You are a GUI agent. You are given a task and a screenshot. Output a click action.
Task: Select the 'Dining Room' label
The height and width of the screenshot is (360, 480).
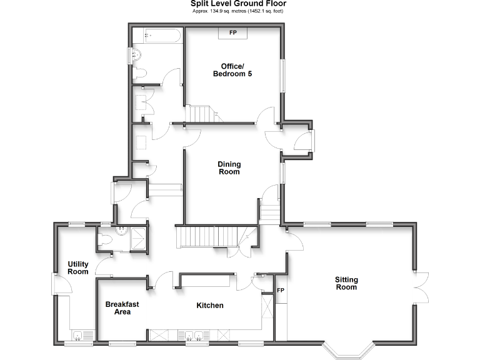tap(229, 167)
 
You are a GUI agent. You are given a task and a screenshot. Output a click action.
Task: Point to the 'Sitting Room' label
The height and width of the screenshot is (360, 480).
tap(346, 283)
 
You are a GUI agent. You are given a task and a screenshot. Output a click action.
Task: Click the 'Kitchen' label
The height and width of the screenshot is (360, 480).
tap(210, 306)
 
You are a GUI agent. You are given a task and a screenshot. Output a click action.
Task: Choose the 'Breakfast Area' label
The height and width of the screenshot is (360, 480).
tap(122, 307)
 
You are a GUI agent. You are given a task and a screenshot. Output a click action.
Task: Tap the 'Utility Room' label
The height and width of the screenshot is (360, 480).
tap(78, 267)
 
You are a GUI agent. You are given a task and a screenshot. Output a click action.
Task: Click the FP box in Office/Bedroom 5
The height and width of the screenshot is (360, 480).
tap(232, 32)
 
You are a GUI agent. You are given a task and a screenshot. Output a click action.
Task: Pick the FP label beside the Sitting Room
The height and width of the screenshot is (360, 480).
tap(281, 291)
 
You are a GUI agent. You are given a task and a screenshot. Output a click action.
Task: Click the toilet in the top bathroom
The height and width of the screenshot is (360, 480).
tap(141, 74)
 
